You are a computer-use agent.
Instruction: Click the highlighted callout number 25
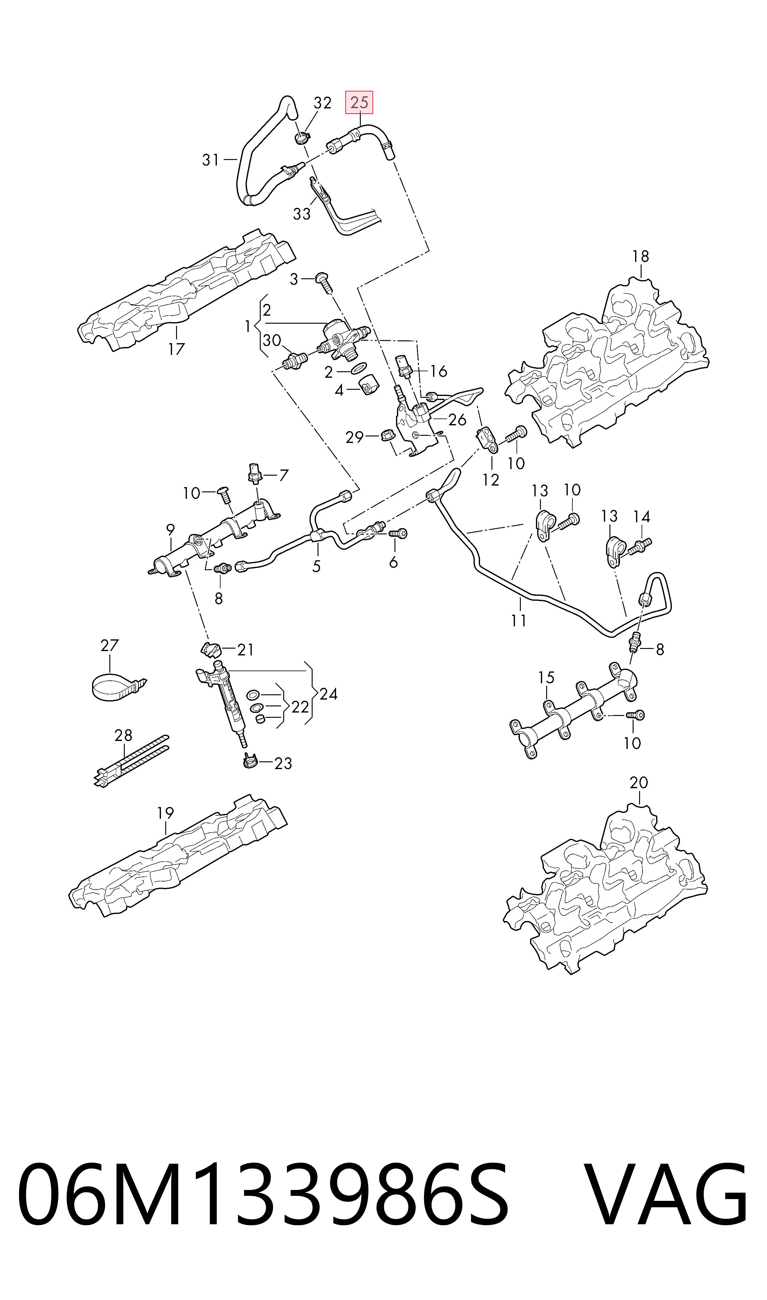[359, 103]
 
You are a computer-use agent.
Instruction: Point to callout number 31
[211, 160]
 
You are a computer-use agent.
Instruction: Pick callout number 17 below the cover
[176, 349]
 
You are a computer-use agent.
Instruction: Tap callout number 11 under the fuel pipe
[519, 620]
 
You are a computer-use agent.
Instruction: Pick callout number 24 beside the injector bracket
[328, 694]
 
